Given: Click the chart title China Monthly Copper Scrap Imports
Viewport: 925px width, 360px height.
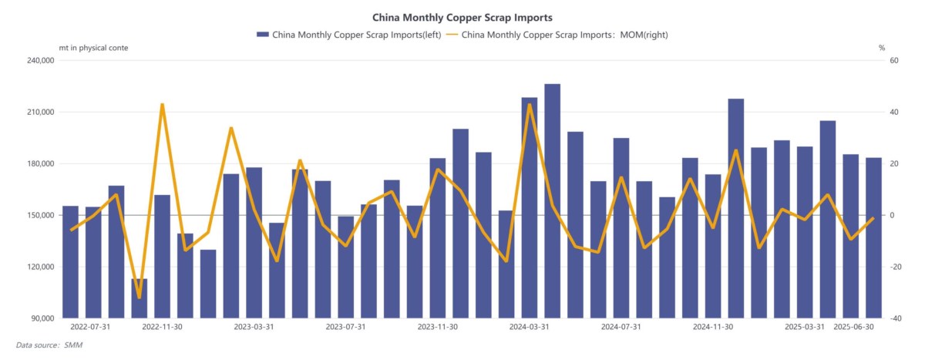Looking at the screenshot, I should [462, 16].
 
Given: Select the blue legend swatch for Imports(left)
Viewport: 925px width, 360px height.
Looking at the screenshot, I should [262, 35].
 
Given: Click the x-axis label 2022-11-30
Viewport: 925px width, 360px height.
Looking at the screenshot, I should [162, 327].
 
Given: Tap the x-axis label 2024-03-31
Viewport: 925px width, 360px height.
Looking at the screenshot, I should [529, 327].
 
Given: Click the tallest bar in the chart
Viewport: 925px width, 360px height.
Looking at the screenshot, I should [552, 200].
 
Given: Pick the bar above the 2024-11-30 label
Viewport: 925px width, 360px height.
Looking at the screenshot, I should [713, 247].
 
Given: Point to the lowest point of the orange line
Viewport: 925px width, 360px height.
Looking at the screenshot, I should [139, 298].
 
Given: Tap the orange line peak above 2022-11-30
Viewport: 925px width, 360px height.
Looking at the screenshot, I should [162, 104].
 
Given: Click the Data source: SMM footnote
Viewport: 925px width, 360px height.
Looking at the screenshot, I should [49, 345].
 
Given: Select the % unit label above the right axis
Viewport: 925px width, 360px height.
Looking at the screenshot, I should [882, 48].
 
